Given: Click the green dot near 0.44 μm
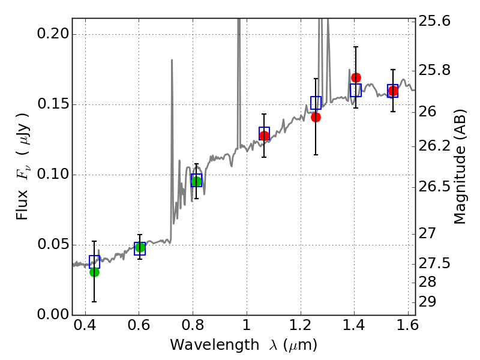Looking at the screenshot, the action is pyautogui.click(x=95, y=272).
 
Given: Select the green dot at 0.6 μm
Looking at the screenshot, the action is pyautogui.click(x=140, y=247).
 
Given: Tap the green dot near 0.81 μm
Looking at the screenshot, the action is pyautogui.click(x=197, y=181).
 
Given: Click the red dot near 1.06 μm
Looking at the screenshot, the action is pyautogui.click(x=264, y=136).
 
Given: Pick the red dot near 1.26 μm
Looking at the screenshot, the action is pyautogui.click(x=316, y=117).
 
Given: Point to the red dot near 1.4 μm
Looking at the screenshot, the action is pyautogui.click(x=356, y=78).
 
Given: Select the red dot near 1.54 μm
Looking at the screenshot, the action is pyautogui.click(x=394, y=91).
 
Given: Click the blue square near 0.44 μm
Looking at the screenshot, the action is pyautogui.click(x=95, y=262).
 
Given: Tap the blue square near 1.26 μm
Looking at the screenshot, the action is pyautogui.click(x=316, y=103).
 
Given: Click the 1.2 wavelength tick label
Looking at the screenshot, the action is pyautogui.click(x=301, y=325).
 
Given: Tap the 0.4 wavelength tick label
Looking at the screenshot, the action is pyautogui.click(x=85, y=325).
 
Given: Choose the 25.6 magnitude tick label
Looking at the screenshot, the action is pyautogui.click(x=434, y=22).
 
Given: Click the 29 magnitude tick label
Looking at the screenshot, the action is pyautogui.click(x=427, y=302).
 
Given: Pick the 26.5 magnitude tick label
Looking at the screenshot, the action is pyautogui.click(x=434, y=187).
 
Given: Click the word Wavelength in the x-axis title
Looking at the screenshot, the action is pyautogui.click(x=215, y=345).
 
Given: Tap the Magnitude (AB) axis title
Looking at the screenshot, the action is pyautogui.click(x=460, y=167).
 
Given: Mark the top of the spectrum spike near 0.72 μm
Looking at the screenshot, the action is pyautogui.click(x=172, y=59).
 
